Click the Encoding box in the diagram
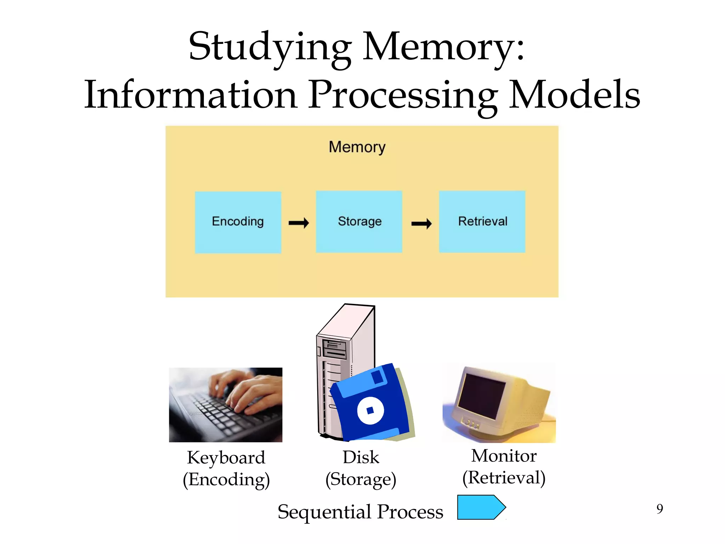[x=238, y=222]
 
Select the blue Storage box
[x=359, y=222]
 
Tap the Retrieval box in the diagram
[x=482, y=222]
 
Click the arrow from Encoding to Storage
[x=299, y=223]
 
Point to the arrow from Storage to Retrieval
[x=421, y=223]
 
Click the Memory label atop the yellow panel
[x=357, y=147]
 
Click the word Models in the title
[x=574, y=95]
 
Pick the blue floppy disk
[x=372, y=404]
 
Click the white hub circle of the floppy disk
[x=370, y=410]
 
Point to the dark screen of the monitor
[x=481, y=395]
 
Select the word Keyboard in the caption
[x=226, y=458]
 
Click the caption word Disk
[x=361, y=457]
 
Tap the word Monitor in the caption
[x=504, y=456]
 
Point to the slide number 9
[x=660, y=509]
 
